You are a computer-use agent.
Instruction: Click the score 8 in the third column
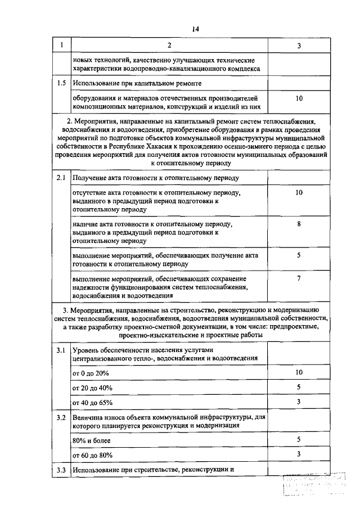point(299,224)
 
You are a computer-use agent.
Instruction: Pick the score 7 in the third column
point(299,278)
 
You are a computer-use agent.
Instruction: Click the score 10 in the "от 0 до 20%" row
point(299,372)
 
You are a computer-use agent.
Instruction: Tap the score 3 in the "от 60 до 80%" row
point(299,454)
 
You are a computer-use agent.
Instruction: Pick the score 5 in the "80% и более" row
point(299,439)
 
